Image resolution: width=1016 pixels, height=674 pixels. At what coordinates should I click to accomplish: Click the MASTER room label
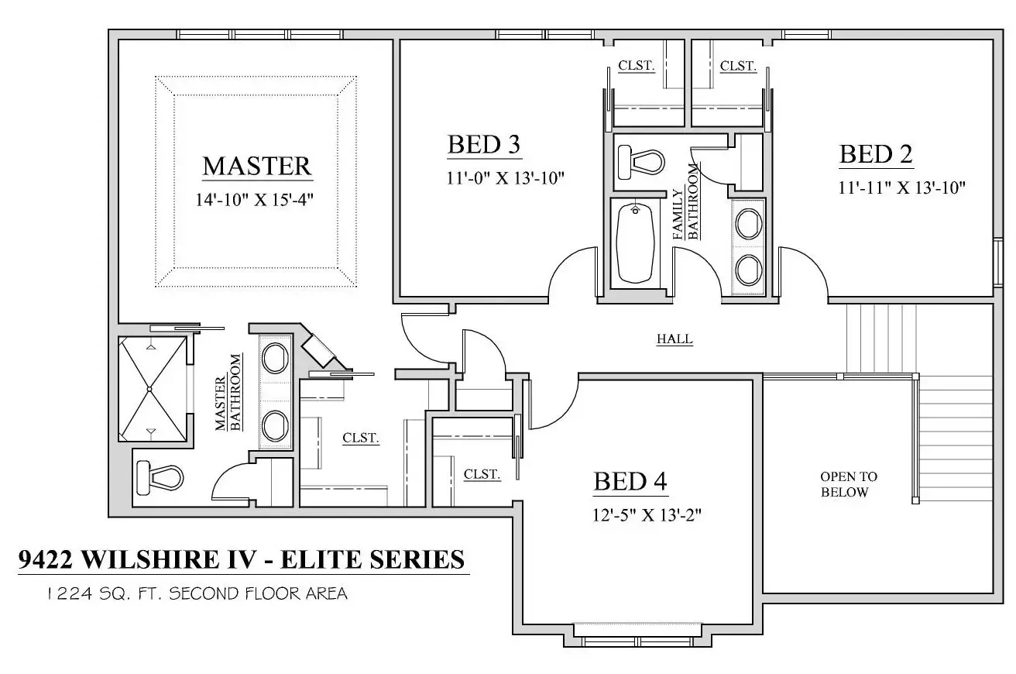coord(256,166)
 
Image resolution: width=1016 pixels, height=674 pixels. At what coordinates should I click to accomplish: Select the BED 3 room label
coord(483,144)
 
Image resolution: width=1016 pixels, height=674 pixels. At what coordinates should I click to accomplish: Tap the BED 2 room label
coord(876,154)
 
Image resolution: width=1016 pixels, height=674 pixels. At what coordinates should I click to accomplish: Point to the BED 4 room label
coord(630,481)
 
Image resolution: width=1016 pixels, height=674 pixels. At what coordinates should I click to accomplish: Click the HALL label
coord(674,339)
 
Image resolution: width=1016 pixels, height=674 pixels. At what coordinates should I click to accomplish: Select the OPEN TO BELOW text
coord(849,484)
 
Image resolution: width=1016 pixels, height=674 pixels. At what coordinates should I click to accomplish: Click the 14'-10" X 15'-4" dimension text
coord(256,200)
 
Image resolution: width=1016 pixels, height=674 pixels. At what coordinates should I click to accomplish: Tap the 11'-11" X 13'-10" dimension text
coord(901,187)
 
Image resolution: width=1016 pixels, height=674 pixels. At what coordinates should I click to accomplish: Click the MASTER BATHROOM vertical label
coord(229,392)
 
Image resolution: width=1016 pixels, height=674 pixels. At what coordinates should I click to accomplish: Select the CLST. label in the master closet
coord(361,438)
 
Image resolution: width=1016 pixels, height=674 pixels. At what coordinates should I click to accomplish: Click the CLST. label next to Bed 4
coord(482,474)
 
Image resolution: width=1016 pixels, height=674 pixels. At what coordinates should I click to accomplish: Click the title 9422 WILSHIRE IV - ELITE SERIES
coord(242,559)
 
